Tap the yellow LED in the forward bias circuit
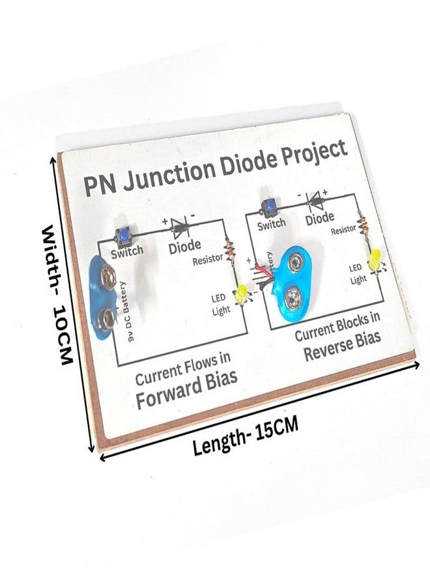243,294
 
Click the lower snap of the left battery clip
106,319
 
